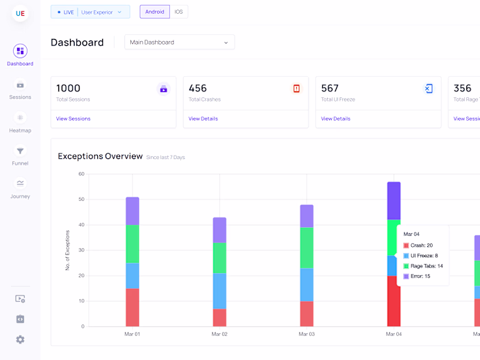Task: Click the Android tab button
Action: pyautogui.click(x=154, y=12)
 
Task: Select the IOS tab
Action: pyautogui.click(x=178, y=12)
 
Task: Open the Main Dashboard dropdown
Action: pyautogui.click(x=179, y=43)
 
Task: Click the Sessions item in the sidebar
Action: pyautogui.click(x=20, y=90)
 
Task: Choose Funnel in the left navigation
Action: pyautogui.click(x=20, y=156)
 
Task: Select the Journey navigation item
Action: pyautogui.click(x=20, y=188)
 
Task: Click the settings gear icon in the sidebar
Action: pyautogui.click(x=20, y=339)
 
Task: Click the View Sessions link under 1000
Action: pyautogui.click(x=73, y=119)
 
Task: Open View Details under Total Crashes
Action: pyautogui.click(x=203, y=119)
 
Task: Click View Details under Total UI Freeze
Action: pyautogui.click(x=335, y=119)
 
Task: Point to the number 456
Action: pyautogui.click(x=197, y=88)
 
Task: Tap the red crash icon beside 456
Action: pyautogui.click(x=296, y=88)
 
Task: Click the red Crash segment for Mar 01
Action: pyautogui.click(x=132, y=307)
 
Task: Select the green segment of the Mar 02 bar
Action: pyautogui.click(x=219, y=258)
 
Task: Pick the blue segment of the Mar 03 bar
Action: pyautogui.click(x=307, y=285)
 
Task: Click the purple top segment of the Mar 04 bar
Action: pyautogui.click(x=394, y=200)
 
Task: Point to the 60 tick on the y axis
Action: pyautogui.click(x=81, y=174)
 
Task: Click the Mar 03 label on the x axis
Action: pyautogui.click(x=307, y=334)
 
